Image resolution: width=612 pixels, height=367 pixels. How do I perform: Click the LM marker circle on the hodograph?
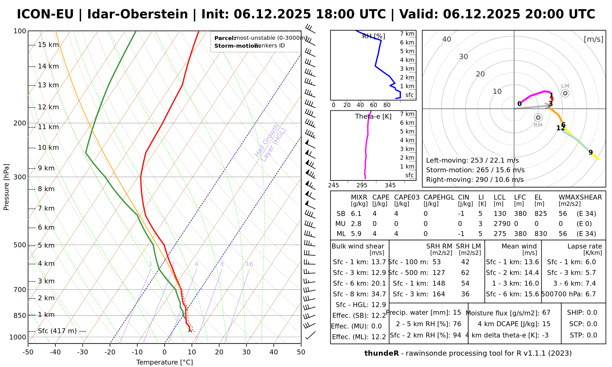point(565,93)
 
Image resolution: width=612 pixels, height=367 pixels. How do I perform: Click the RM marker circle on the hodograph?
point(538,118)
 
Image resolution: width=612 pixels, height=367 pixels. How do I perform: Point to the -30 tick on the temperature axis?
point(83,352)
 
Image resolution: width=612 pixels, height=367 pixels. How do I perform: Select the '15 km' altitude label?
point(48,45)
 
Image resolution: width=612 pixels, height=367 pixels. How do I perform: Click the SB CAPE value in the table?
point(375,214)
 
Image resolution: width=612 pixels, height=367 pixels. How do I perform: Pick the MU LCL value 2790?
point(502,224)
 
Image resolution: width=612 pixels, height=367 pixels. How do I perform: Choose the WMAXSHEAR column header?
point(580,197)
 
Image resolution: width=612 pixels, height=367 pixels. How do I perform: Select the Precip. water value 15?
point(457,313)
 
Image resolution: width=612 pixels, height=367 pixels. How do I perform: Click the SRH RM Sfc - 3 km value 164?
point(439,294)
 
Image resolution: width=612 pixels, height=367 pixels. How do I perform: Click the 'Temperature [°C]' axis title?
point(165,362)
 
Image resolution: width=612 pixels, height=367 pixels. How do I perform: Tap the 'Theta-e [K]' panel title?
point(373,117)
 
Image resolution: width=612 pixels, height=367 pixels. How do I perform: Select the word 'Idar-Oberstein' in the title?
point(137,14)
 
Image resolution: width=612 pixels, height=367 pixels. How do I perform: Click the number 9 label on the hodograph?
point(591,152)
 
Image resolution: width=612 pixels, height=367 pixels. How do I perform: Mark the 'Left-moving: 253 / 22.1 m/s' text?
point(472,161)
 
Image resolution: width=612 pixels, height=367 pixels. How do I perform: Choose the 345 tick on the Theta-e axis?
point(390,185)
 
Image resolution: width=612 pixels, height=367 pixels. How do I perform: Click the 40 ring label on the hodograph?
point(447,39)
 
